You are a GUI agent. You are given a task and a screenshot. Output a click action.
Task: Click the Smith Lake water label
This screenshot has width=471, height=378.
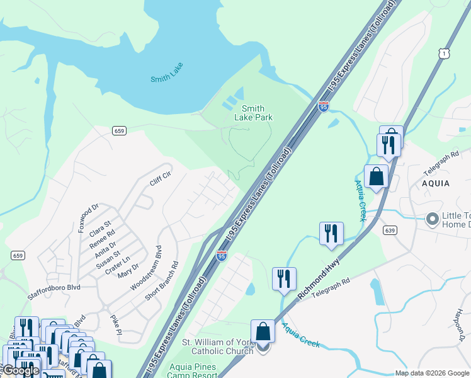tap(167, 79)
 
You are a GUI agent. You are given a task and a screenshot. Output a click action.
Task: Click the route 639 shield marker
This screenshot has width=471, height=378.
tap(390, 230)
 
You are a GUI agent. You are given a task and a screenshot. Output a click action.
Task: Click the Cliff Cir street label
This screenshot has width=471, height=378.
tap(160, 179)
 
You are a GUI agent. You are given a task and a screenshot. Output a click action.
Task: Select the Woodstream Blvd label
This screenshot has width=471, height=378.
tap(145, 267)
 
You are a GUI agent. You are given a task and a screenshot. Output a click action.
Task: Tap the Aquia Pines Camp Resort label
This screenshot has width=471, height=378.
tap(191, 371)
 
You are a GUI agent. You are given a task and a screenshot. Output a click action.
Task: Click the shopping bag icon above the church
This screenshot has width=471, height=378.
tap(263, 332)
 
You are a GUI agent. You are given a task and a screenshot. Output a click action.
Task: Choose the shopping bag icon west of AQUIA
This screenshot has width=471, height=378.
tap(376, 176)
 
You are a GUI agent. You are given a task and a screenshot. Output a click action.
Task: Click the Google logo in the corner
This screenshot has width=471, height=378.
tap(20, 371)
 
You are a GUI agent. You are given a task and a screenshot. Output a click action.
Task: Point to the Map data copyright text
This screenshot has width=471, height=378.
tap(431, 373)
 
